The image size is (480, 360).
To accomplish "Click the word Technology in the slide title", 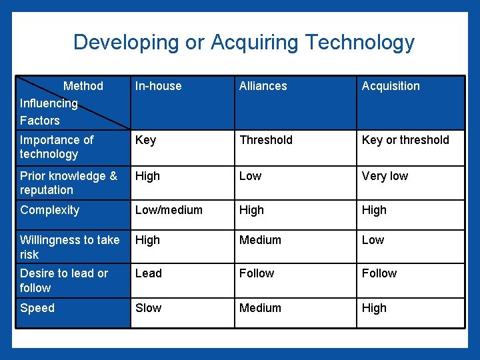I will [360, 43].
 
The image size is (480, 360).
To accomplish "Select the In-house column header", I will [158, 86].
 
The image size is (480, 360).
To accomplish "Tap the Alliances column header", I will [263, 86].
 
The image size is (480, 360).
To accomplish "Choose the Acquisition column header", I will [391, 86].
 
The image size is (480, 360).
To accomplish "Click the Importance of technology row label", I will [57, 147].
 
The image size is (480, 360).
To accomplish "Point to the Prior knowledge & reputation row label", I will [68, 183].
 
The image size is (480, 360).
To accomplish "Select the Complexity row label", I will [49, 210].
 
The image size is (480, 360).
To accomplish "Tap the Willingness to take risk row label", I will [69, 247].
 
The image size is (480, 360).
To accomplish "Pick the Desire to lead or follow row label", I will [63, 280].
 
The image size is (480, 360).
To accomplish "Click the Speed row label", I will [37, 308].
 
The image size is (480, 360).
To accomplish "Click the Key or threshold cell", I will [405, 140].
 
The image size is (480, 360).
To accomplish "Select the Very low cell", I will [385, 176].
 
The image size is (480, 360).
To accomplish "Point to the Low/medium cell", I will [169, 210].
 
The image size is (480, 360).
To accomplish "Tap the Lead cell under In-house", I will [148, 273].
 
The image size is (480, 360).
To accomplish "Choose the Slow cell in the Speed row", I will [148, 308].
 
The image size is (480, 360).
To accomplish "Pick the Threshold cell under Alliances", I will [265, 140].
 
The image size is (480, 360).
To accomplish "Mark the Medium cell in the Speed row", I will [260, 308].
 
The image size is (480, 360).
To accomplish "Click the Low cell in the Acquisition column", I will [373, 240].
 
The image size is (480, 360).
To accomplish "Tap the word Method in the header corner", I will [83, 86].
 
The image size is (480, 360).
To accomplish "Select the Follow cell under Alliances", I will [257, 273].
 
